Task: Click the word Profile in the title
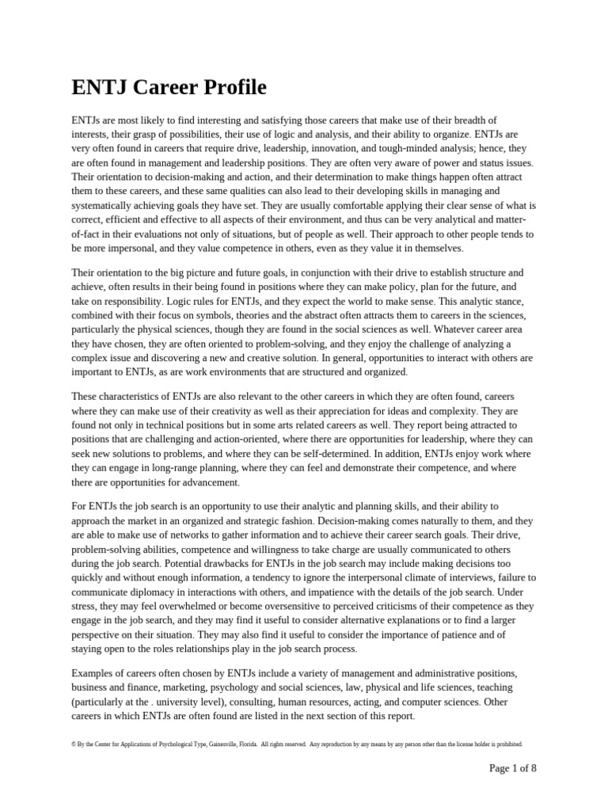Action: point(226,87)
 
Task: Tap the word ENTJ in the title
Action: point(99,87)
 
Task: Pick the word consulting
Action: point(248,702)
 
